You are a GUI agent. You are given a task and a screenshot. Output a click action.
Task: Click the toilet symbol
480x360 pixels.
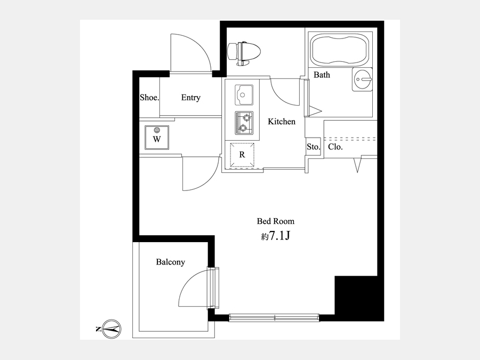click(x=244, y=53)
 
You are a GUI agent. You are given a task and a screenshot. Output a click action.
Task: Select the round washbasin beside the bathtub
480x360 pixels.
click(x=362, y=79)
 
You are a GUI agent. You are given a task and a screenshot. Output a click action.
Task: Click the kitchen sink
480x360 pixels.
click(x=244, y=95)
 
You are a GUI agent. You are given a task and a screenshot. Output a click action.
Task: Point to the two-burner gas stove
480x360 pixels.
click(x=244, y=123)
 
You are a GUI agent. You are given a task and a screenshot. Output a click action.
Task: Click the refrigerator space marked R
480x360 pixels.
click(x=242, y=155)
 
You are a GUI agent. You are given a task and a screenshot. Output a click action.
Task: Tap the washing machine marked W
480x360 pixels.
click(x=157, y=138)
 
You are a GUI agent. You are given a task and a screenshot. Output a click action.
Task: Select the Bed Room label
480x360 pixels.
click(x=276, y=221)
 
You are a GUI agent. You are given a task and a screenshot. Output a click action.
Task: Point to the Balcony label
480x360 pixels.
click(x=170, y=262)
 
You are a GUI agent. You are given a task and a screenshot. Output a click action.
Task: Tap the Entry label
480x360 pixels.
click(x=191, y=98)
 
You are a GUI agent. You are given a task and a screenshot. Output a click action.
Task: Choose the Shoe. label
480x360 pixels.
click(x=149, y=98)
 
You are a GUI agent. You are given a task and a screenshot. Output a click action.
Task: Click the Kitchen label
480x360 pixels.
click(x=282, y=122)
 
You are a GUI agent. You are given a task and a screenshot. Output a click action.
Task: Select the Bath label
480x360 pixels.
click(x=322, y=75)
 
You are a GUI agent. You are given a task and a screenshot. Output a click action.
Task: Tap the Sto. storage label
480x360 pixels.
click(x=313, y=147)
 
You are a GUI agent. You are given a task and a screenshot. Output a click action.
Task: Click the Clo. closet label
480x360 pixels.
click(x=335, y=147)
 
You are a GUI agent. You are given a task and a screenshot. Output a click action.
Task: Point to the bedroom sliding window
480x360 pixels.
click(x=274, y=317)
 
